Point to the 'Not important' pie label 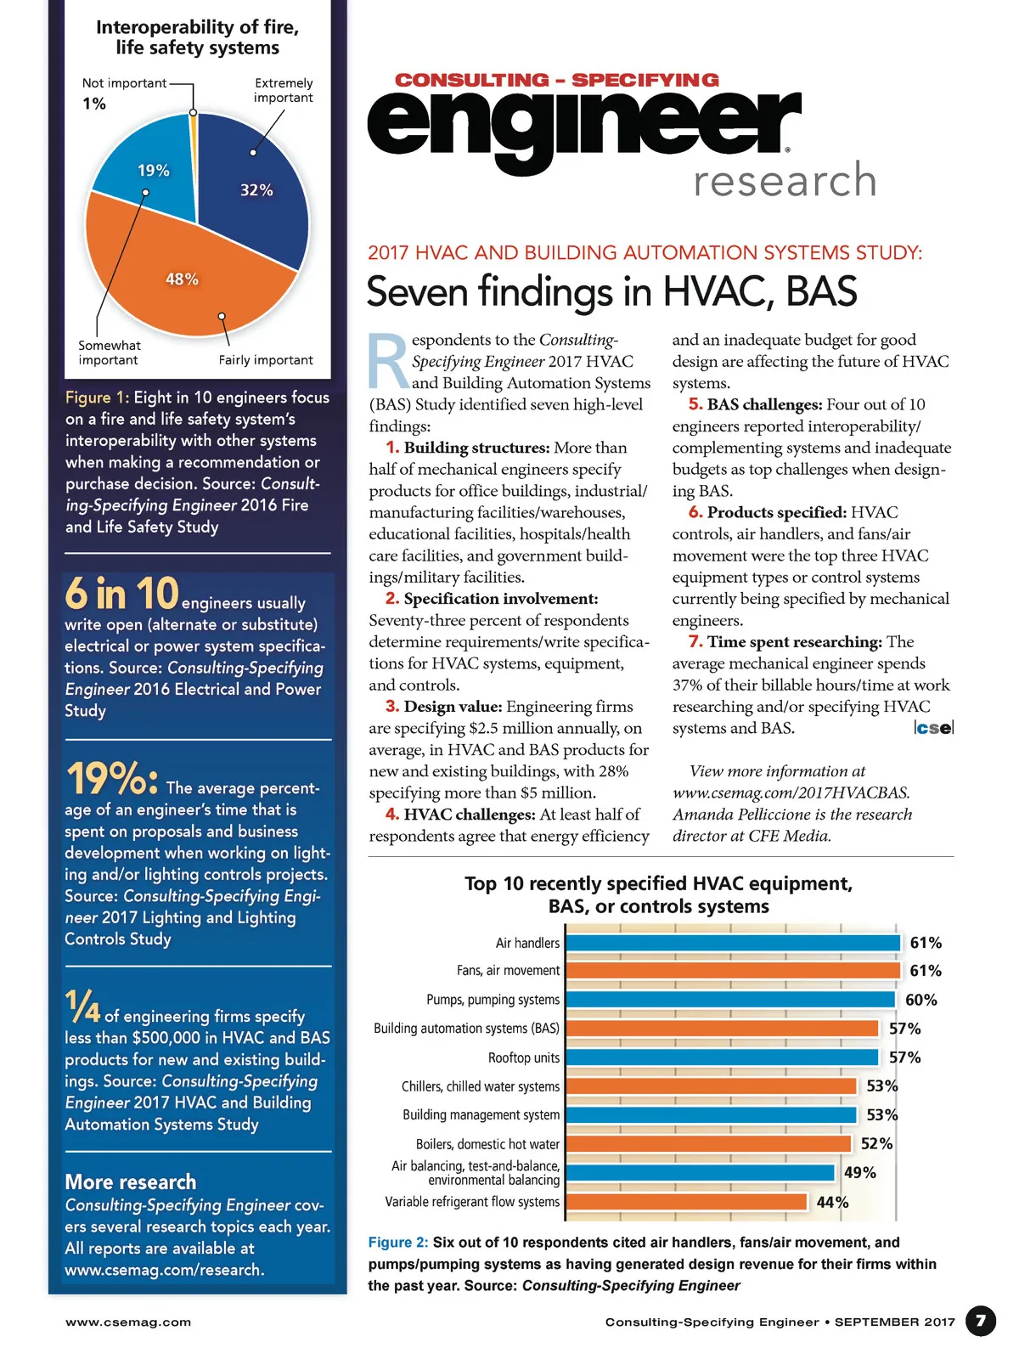point(124,83)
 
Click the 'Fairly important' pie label point(266,360)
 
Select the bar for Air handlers point(732,943)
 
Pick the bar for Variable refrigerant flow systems point(686,1202)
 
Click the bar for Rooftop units point(722,1057)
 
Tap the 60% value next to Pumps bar point(921,1000)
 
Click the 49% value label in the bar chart point(859,1173)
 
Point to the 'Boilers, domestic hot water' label point(487,1144)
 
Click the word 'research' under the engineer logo point(785,181)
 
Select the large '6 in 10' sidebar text point(121,594)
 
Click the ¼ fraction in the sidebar point(82,1008)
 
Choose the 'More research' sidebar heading point(131,1182)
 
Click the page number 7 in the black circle point(981,1321)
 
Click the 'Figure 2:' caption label point(398,1242)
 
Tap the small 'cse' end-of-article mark point(934,728)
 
